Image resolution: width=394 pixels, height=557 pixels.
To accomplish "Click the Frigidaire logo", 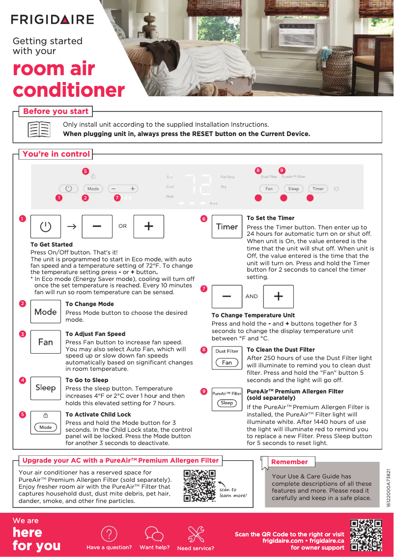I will click(53, 20).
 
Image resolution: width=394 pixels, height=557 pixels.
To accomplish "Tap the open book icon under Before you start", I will click(39, 129).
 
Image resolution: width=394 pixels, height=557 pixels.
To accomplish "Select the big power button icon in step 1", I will click(46, 226).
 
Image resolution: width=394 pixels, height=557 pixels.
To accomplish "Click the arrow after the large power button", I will click(72, 226).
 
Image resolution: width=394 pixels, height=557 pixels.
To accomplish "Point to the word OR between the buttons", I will click(122, 226).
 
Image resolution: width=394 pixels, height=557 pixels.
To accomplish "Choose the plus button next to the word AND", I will click(278, 297).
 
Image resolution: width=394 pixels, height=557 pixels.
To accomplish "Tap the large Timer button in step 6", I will click(227, 227).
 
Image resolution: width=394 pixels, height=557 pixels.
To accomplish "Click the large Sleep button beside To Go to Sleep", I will click(46, 388).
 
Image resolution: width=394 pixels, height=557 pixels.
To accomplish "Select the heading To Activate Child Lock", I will click(98, 414).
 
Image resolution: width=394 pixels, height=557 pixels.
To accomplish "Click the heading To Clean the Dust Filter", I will click(281, 350).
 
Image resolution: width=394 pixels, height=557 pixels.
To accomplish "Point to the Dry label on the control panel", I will click(224, 187).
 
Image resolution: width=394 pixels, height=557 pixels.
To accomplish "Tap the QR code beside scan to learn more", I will click(199, 486).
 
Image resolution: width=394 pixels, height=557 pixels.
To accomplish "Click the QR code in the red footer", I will click(366, 534).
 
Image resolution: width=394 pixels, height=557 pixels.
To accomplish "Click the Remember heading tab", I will click(289, 462).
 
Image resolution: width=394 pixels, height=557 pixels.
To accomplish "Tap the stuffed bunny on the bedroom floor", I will click(212, 89).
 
